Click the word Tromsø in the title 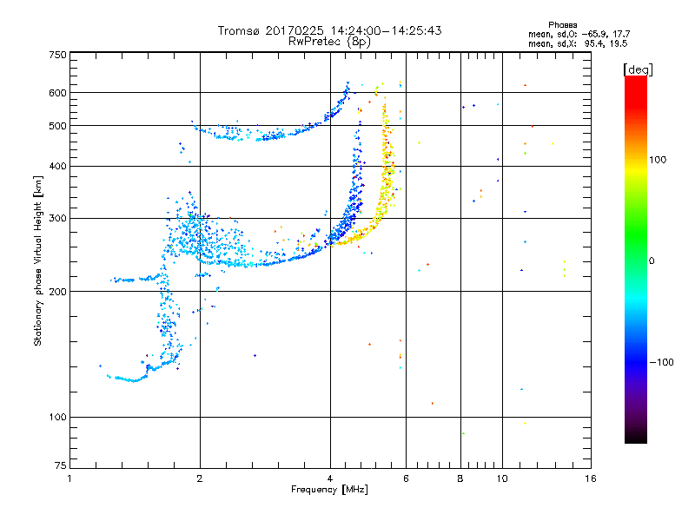point(238,30)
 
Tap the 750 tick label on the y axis point(56,55)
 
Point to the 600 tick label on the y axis point(56,92)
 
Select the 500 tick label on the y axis point(56,125)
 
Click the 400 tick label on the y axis point(56,166)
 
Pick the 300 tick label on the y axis point(56,218)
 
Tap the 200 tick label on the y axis point(56,291)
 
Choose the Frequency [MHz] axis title point(329,491)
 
